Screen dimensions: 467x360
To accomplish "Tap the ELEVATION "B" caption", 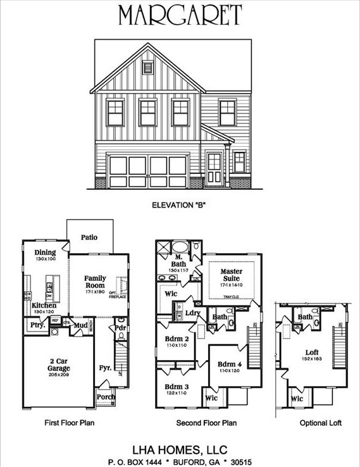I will pos(180,205).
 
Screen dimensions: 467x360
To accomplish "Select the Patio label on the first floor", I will pos(89,238).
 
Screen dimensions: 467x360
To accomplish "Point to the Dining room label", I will pos(46,252).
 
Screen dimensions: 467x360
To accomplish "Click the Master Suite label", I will pos(231,275).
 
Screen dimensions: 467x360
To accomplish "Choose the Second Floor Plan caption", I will pos(206,422).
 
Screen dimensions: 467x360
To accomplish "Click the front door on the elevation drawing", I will pos(214,168).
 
